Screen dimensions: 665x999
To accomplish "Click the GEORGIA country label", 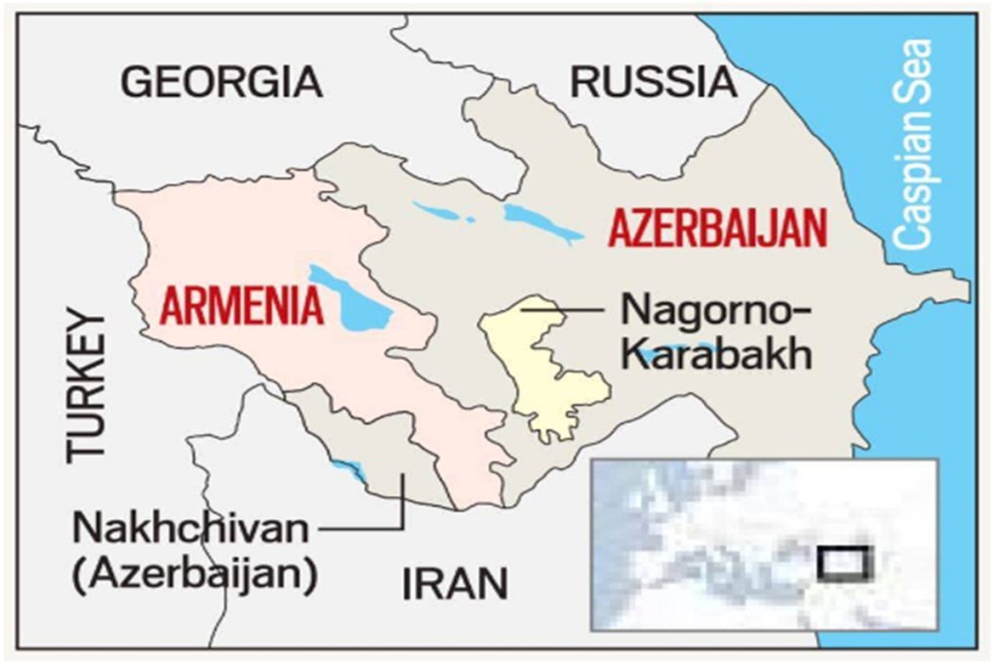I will (x=221, y=83).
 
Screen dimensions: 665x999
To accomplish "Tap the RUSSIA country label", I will (x=653, y=83).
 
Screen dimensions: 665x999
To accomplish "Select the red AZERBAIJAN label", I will (x=717, y=230).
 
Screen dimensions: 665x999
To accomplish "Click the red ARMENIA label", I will (x=241, y=306).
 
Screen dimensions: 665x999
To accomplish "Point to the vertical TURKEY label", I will (x=87, y=385).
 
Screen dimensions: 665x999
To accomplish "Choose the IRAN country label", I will (x=455, y=585).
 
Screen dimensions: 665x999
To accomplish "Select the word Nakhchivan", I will (x=189, y=531).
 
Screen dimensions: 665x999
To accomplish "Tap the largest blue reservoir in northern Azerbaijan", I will (x=541, y=223).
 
